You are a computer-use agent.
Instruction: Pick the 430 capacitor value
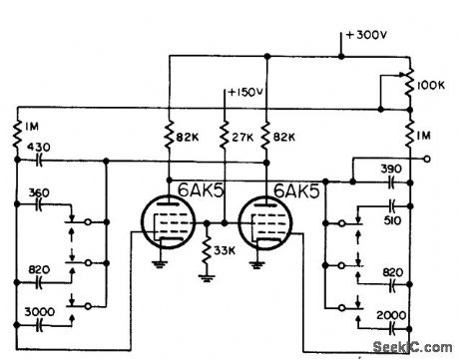click(40, 147)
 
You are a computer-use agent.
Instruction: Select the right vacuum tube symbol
click(266, 223)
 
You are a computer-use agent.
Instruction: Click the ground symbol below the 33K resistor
click(207, 276)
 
